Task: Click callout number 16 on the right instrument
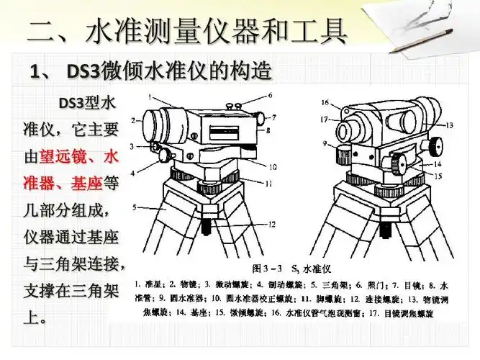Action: click(325, 102)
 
